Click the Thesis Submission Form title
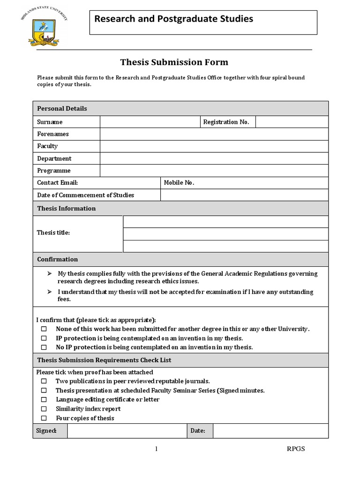coord(174,62)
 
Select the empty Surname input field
coord(150,122)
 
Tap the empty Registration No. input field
coord(292,122)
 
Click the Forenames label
coord(53,134)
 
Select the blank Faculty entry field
coord(214,146)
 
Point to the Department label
coord(54,158)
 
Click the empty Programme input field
coord(214,171)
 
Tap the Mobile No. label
coord(179,183)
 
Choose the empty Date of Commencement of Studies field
coord(244,195)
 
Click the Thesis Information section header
coord(67,208)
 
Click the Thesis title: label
coord(53,233)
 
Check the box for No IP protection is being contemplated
coord(44,347)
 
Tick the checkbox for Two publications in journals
coord(44,381)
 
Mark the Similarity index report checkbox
coord(44,409)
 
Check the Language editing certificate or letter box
coord(44,399)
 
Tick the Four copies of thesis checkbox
coord(44,418)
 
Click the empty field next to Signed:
coord(127,430)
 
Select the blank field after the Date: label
coord(270,430)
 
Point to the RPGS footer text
coord(295,449)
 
